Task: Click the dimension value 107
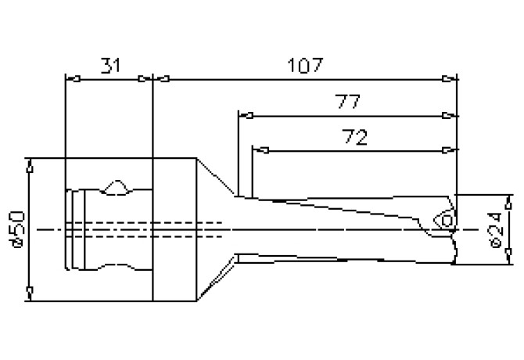click(x=304, y=64)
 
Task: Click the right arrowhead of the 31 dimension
click(x=144, y=78)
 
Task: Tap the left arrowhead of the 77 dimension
click(x=246, y=116)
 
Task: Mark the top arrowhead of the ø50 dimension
click(x=29, y=165)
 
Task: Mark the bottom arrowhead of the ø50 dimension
click(x=29, y=294)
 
